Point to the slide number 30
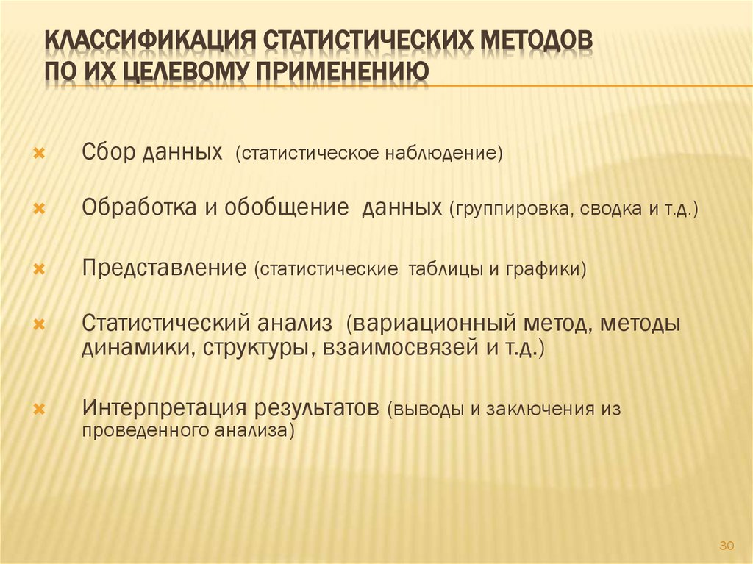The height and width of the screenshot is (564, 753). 727,545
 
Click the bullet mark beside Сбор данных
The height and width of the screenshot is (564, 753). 40,155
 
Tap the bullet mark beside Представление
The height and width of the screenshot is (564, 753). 40,269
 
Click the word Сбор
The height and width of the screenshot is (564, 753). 106,154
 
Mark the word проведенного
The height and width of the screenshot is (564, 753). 132,431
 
